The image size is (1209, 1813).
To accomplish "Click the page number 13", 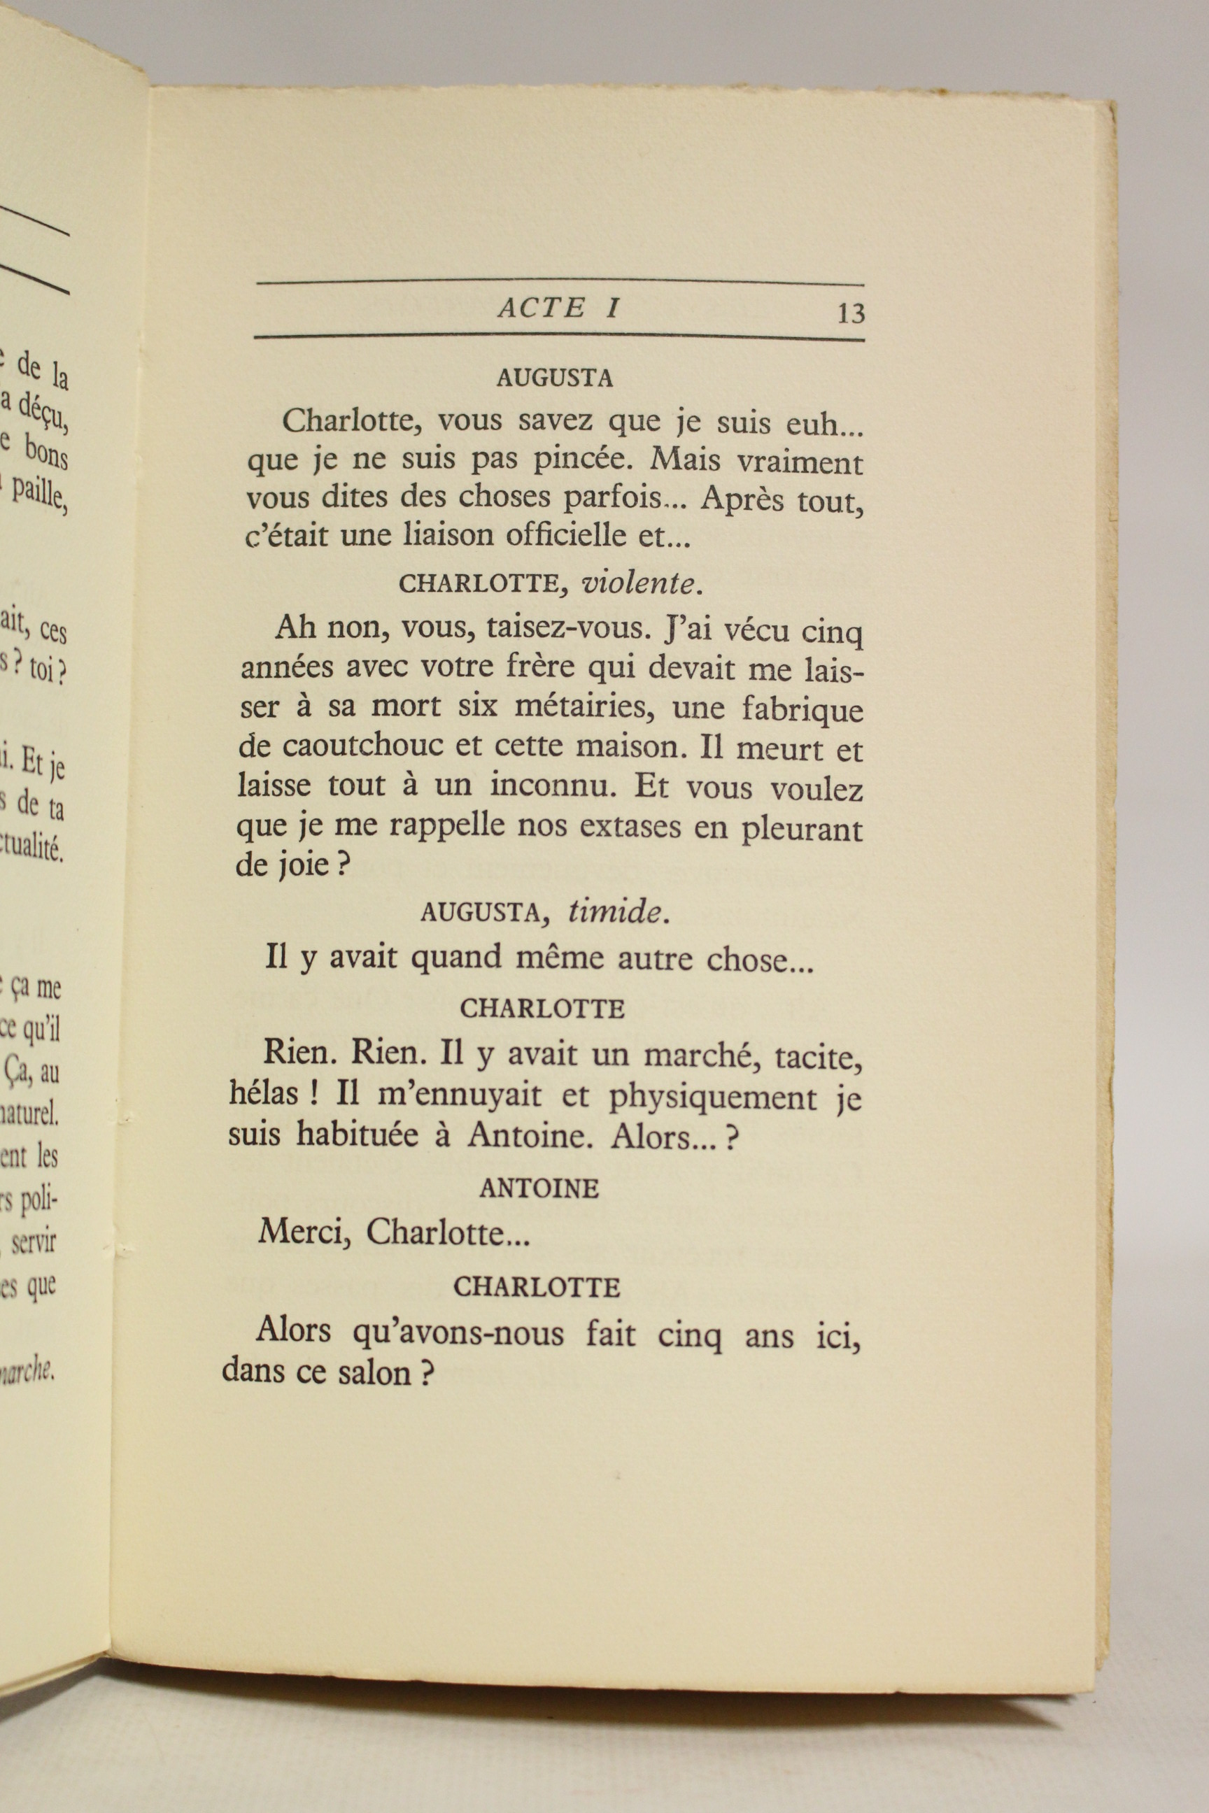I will coord(851,314).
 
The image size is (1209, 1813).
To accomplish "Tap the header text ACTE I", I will coord(560,308).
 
